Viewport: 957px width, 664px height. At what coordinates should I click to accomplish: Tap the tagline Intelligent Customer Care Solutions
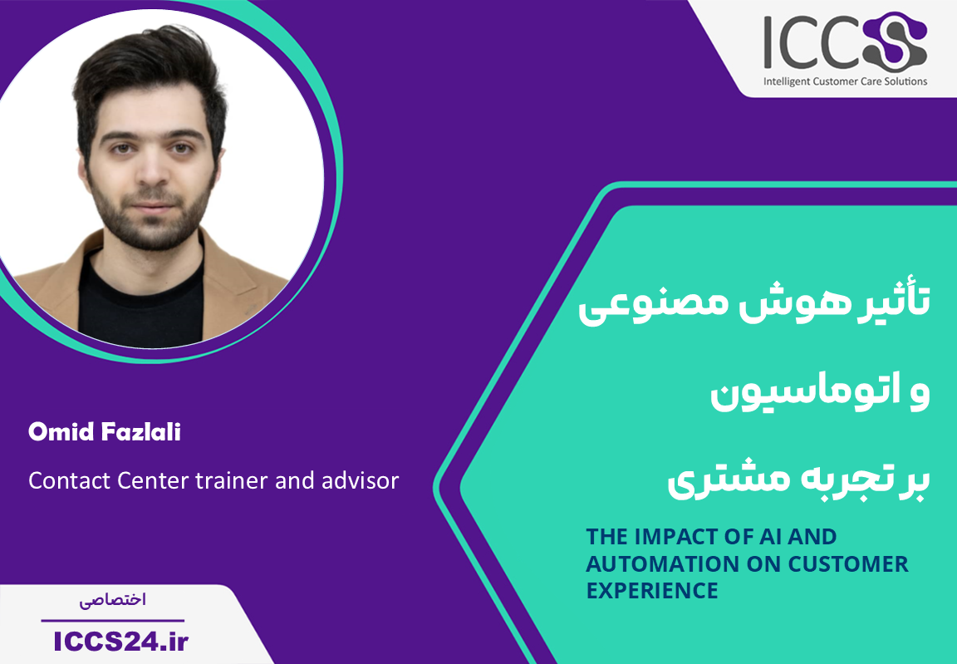[846, 81]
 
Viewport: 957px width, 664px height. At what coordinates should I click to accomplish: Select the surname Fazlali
[141, 432]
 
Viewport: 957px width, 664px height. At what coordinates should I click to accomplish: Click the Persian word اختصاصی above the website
[113, 600]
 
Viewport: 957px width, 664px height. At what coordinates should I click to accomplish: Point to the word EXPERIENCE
[652, 590]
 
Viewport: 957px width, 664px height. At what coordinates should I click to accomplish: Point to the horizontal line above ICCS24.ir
[113, 620]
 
